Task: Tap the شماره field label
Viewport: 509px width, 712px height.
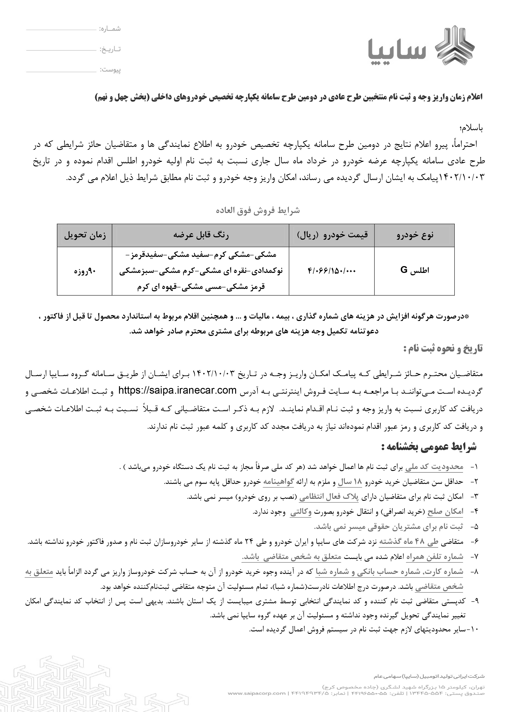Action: click(110, 29)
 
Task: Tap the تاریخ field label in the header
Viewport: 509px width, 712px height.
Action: click(110, 49)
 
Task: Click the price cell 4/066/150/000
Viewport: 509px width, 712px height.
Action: click(332, 271)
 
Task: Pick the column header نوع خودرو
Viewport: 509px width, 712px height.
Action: click(414, 235)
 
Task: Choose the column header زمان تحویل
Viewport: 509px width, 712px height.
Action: click(85, 235)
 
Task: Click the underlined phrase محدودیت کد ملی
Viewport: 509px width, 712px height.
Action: click(434, 467)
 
